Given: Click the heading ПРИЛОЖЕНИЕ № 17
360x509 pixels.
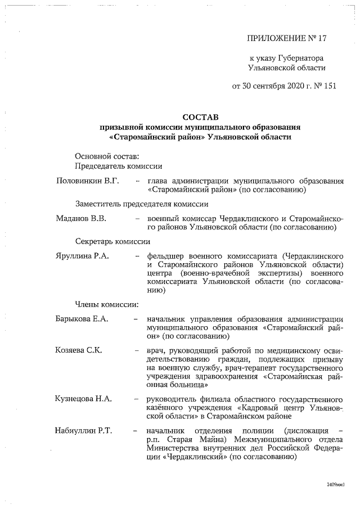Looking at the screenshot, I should pyautogui.click(x=287, y=38).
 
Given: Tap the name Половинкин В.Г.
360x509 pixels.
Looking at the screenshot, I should pyautogui.click(x=87, y=181).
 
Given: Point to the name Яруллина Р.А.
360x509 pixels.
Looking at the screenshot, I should pyautogui.click(x=83, y=255).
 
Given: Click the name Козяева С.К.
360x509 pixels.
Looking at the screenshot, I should pyautogui.click(x=78, y=350).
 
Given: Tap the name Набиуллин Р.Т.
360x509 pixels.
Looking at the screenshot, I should pyautogui.click(x=84, y=431).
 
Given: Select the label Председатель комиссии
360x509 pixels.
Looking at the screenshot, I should pyautogui.click(x=119, y=165).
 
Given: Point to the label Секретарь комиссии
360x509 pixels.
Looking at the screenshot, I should pyautogui.click(x=112, y=241).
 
